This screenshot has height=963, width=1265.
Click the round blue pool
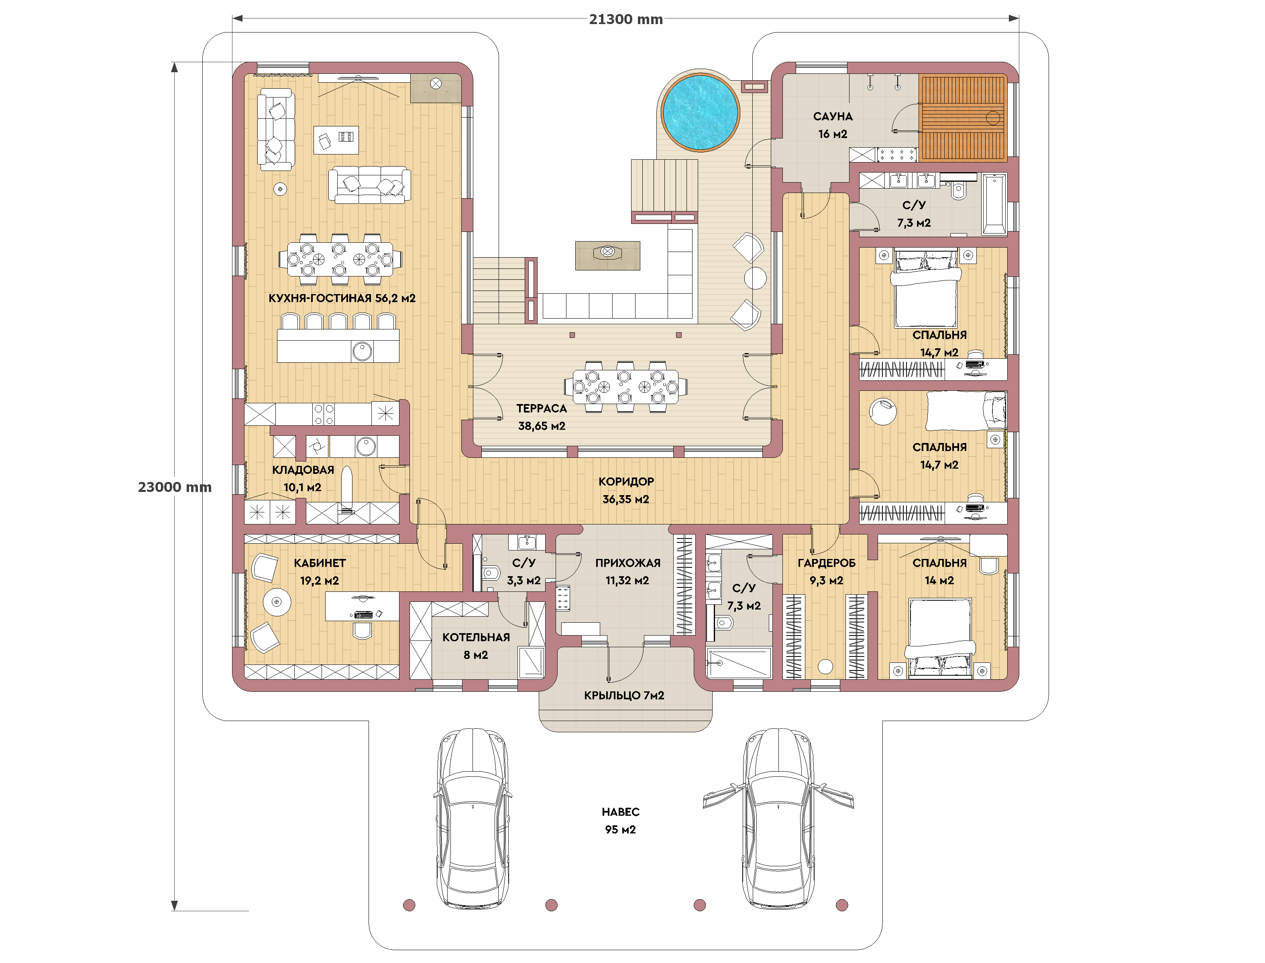click(x=700, y=112)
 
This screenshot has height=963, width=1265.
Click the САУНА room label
click(x=833, y=116)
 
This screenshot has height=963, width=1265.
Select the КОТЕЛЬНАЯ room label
click(x=476, y=638)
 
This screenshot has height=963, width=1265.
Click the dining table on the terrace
click(x=625, y=387)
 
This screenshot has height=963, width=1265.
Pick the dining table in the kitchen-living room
click(x=340, y=259)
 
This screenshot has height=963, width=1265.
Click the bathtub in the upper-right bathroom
click(x=994, y=205)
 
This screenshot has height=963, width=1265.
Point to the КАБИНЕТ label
click(x=320, y=563)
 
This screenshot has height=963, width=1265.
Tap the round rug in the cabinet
click(x=277, y=602)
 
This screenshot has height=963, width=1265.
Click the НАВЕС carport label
click(x=621, y=812)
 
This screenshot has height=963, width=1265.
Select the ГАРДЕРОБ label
click(x=826, y=563)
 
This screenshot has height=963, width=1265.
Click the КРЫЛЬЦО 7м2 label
click(x=624, y=695)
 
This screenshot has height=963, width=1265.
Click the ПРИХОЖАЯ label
click(x=628, y=563)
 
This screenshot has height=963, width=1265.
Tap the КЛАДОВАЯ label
click(x=303, y=470)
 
